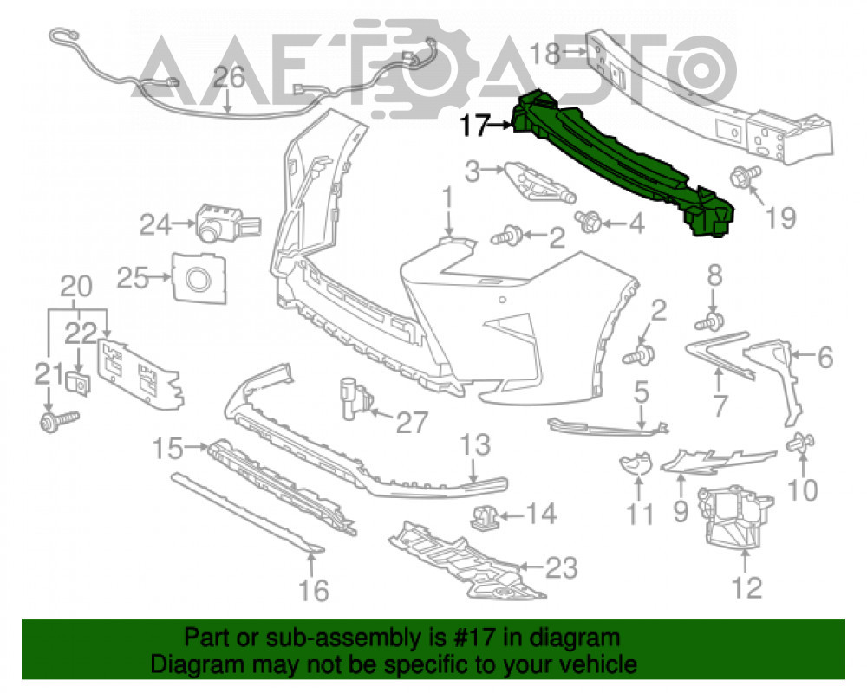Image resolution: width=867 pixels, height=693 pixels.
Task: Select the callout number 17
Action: pos(474,126)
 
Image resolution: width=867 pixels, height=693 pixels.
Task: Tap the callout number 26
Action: pos(229,77)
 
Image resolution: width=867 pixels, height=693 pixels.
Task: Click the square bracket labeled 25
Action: pos(199,278)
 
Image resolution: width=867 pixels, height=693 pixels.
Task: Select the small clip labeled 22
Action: pos(78,383)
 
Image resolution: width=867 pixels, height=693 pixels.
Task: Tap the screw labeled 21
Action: pos(59,421)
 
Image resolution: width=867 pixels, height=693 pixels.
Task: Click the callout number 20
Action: pos(75,287)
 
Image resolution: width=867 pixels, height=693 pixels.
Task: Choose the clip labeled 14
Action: pos(485,516)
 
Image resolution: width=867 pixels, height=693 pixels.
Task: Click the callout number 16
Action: pos(314,590)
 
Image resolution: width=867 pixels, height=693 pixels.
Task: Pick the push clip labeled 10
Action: pos(800,443)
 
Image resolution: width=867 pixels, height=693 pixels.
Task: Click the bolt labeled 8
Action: pos(712,321)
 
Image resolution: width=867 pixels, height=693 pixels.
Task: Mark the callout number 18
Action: pos(545,55)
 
